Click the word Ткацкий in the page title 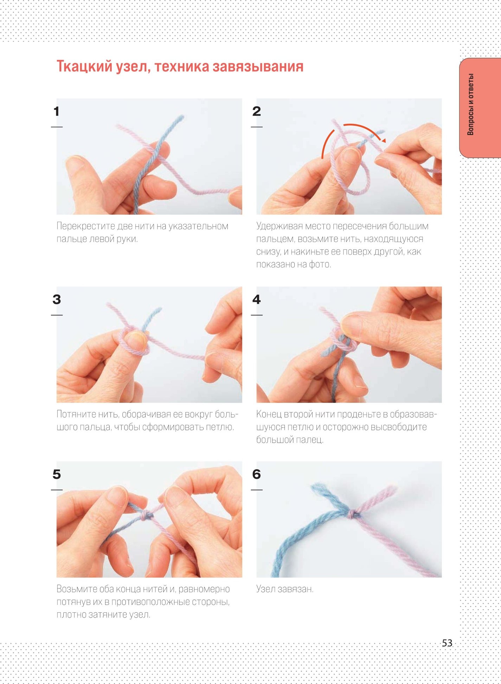point(85,66)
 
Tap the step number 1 point(56,111)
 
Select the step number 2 point(257,111)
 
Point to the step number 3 point(57,299)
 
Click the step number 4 point(257,299)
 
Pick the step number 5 point(57,474)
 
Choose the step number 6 point(257,474)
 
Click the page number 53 point(447,643)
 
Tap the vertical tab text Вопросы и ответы point(470,104)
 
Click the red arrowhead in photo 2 point(384,140)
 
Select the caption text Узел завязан point(285,589)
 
